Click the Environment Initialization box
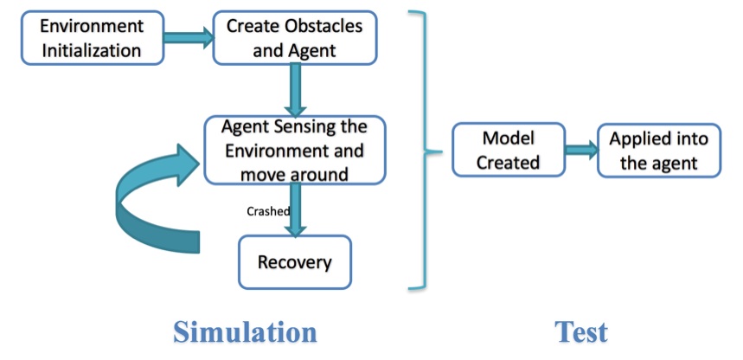(x=93, y=38)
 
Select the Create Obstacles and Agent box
(x=295, y=38)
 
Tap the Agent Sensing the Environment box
(x=295, y=151)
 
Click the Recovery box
(x=295, y=262)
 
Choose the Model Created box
(x=509, y=150)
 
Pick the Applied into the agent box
(x=659, y=151)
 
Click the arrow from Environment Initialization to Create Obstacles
(x=189, y=37)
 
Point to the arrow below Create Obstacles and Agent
(x=295, y=90)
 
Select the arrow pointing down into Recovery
(x=295, y=209)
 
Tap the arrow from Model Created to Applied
(x=582, y=150)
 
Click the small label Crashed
(x=268, y=211)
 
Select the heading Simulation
(x=245, y=332)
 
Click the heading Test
(x=581, y=332)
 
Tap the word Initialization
(x=92, y=50)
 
